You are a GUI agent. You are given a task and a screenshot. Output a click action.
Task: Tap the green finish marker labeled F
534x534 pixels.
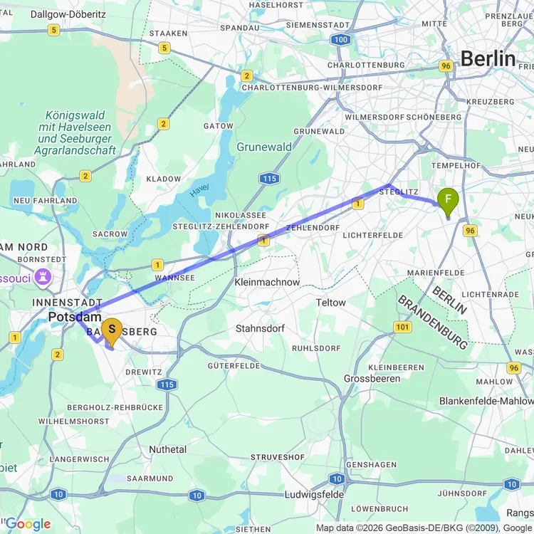point(448,199)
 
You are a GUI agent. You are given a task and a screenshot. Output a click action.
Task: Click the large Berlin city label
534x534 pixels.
point(488,58)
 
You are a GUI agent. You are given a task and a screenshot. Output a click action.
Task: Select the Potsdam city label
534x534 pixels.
point(75,317)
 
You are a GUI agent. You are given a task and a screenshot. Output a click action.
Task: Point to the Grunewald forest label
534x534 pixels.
point(264,147)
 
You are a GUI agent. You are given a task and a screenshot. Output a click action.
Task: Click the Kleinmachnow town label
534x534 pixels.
point(267,282)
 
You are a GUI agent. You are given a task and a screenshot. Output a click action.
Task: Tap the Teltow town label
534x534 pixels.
point(331,303)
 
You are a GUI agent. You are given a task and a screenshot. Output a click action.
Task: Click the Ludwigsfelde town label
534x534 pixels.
point(314,494)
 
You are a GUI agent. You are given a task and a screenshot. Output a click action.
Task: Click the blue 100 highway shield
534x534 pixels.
point(341,39)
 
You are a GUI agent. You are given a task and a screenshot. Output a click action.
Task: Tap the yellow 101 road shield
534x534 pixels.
point(402,327)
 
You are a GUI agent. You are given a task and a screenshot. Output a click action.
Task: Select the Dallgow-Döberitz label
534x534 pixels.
point(47,14)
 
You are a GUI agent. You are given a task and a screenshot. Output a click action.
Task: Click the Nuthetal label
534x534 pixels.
point(167,449)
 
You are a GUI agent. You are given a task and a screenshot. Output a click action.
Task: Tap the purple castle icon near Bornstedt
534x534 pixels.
point(43,275)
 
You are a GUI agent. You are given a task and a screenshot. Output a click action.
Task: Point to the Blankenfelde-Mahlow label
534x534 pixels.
point(486,401)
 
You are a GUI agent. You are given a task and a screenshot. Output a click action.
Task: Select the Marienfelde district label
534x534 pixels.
point(436,273)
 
